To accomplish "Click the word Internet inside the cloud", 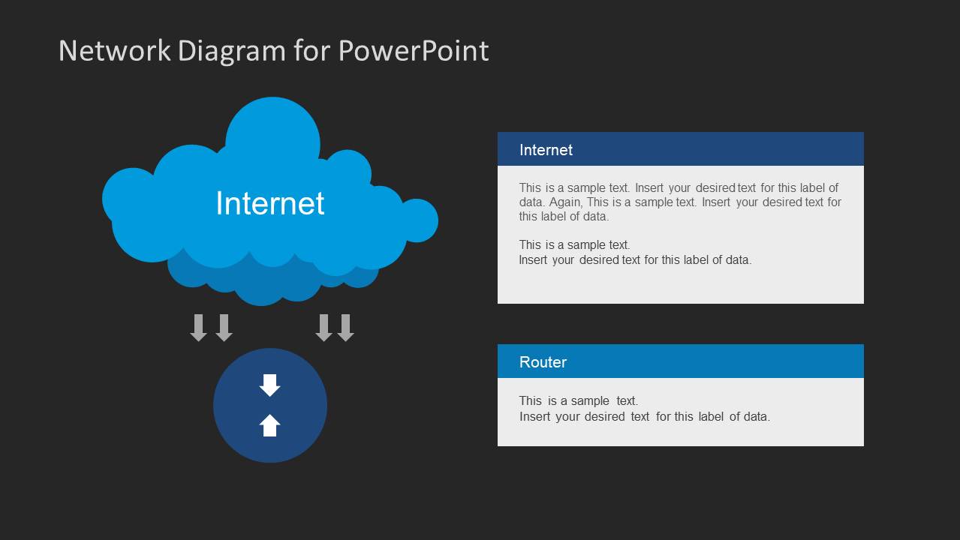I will (x=269, y=203).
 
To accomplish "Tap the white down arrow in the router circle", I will (x=269, y=385).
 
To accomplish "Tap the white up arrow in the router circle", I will (x=269, y=425).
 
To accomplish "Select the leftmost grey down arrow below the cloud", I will (x=199, y=328).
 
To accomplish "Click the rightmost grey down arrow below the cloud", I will (x=345, y=328).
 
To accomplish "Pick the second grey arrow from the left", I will (x=224, y=328).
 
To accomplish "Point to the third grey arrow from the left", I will (x=324, y=328).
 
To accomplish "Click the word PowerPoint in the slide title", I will (x=413, y=51).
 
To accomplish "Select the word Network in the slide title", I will (x=114, y=51).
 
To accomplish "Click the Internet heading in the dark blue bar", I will (x=546, y=150).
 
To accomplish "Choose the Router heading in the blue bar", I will (x=543, y=362).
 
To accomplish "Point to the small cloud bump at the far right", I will (x=419, y=220).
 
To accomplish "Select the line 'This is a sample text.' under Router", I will (x=578, y=401).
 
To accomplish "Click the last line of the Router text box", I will (x=644, y=417).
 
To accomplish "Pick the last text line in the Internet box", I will (x=634, y=260).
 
